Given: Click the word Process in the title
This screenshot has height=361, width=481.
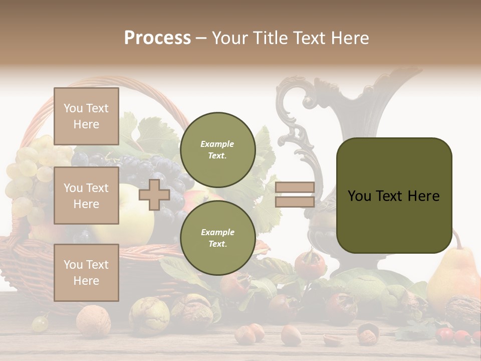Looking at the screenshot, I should coord(157,38).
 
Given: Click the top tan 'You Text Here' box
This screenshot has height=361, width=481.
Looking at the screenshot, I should coord(86,116).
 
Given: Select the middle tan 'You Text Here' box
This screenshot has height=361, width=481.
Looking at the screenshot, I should coord(86,196).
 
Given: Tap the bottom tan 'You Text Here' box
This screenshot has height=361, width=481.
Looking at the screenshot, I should coord(86,272).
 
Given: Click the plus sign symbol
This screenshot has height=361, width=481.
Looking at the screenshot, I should coord(154,195).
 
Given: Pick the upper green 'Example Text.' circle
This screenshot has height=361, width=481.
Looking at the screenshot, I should coord(217,150).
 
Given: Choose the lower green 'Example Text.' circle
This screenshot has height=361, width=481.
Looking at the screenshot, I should coord(217,238).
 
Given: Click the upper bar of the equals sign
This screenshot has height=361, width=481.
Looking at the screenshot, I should coord(295,188).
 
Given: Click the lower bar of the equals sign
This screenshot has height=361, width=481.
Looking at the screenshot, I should coord(295,202).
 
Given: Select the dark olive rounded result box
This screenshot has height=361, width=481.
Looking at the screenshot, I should coord(394,196).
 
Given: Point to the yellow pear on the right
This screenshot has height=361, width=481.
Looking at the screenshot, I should coord(453,276).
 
